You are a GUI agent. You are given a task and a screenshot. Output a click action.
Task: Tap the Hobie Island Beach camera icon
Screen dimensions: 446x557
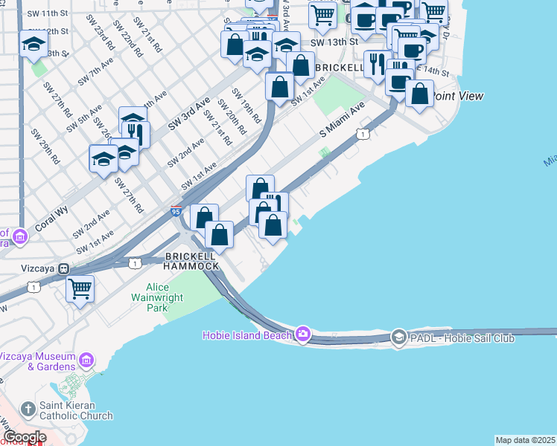click(303, 334)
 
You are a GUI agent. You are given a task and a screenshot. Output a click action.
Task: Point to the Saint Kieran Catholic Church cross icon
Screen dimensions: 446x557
click(28, 409)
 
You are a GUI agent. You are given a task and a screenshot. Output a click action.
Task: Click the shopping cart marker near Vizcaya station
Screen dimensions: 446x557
click(80, 287)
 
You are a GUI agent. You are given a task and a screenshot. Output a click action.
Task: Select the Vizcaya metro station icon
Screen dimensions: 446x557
click(65, 268)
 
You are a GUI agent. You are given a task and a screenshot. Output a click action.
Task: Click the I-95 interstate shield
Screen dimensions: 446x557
click(176, 211)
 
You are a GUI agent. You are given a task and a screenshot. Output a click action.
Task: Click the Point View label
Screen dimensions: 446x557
click(458, 96)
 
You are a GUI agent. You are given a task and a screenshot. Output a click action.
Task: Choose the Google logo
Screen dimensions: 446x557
click(25, 437)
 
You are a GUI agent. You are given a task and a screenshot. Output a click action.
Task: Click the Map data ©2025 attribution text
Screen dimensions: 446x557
click(526, 440)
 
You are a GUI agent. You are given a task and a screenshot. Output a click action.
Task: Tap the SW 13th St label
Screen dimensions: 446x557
click(328, 42)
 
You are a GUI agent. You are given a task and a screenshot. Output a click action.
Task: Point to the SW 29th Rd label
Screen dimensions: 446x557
click(45, 146)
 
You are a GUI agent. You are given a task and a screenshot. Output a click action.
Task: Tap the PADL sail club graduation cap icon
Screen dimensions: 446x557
click(398, 337)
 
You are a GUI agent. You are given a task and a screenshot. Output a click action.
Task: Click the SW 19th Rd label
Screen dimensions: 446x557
click(246, 106)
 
